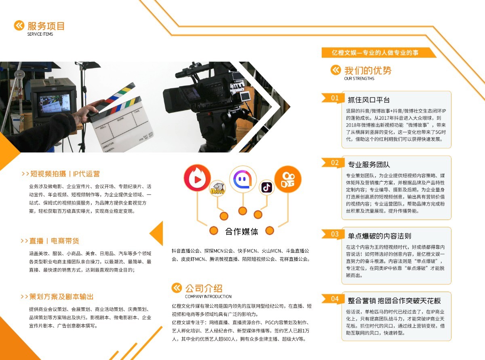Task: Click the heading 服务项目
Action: [x=46, y=26]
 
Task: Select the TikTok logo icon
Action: [x=267, y=187]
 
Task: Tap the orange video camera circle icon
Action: [x=288, y=179]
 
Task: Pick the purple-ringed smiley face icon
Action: [x=242, y=179]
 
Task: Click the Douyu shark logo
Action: [x=218, y=189]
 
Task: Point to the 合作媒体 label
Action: [x=241, y=231]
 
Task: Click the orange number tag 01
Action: [x=335, y=98]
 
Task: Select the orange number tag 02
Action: [x=335, y=163]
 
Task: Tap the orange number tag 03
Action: [x=335, y=234]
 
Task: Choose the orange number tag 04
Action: [x=335, y=299]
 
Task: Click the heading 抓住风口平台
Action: [x=369, y=100]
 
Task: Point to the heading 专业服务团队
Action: [x=369, y=165]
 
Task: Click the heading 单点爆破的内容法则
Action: [x=379, y=236]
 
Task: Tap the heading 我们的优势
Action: [x=368, y=70]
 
